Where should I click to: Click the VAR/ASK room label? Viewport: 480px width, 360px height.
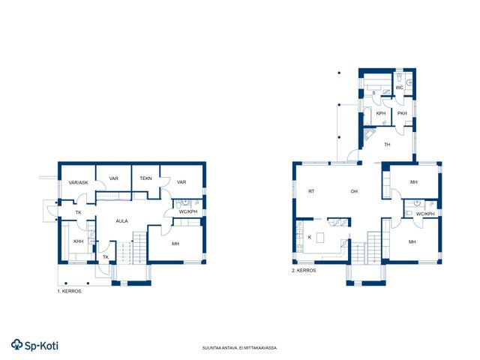[x=78, y=183]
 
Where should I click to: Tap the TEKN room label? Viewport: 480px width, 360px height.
[x=145, y=178]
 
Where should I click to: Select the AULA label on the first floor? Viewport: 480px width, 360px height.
[x=121, y=221]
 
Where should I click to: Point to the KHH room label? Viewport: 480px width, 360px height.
[x=78, y=241]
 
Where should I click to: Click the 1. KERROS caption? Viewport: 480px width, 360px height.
[x=70, y=292]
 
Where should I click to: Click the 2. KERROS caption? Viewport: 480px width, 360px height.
[x=304, y=271]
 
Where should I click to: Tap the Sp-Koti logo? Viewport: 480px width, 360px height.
[x=34, y=345]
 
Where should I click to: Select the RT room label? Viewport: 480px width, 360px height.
[x=311, y=191]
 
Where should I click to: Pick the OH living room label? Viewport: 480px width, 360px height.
[x=354, y=191]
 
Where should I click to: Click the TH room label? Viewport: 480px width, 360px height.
[x=387, y=145]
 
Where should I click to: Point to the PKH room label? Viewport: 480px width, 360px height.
[x=402, y=113]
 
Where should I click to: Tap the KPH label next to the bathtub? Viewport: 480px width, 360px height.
[x=381, y=113]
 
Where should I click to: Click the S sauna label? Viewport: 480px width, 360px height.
[x=373, y=93]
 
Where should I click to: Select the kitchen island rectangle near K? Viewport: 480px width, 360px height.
[x=320, y=238]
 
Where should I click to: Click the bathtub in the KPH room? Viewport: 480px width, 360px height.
[x=367, y=115]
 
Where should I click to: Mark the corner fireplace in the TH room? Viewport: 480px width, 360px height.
[x=369, y=133]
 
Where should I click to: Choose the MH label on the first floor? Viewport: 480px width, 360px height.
[x=175, y=244]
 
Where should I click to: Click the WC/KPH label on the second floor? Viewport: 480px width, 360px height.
[x=425, y=214]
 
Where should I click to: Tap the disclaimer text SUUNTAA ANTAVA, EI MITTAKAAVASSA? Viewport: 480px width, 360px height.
[x=240, y=348]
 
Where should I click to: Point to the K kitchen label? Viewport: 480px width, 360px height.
[x=310, y=238]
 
